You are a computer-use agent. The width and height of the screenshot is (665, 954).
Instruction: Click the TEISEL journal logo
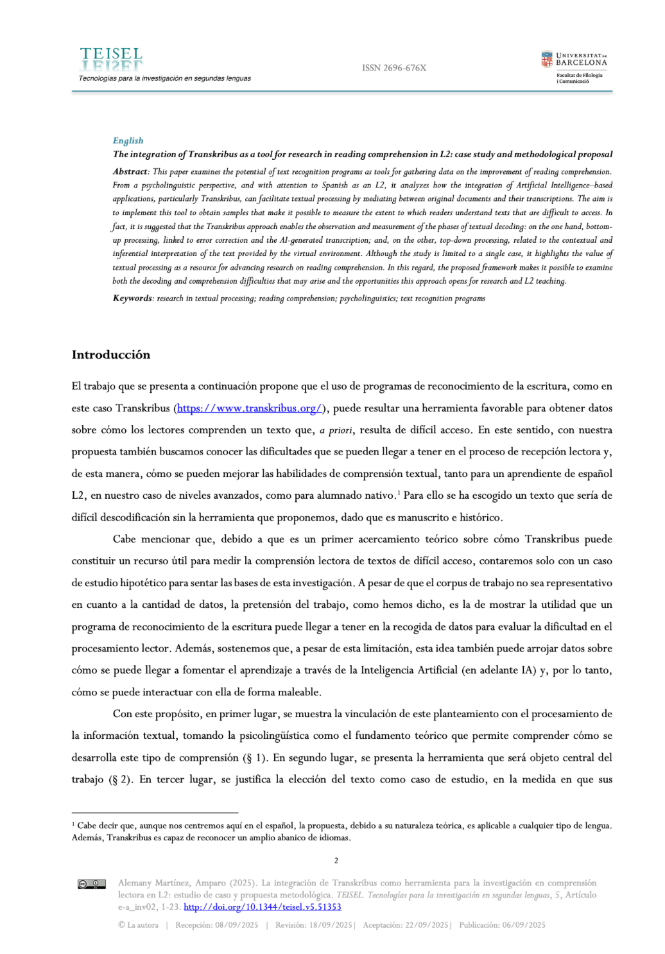click(x=112, y=59)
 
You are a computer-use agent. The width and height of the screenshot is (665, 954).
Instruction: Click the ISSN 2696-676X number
click(x=393, y=68)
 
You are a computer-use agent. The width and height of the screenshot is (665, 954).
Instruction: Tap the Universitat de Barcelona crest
click(x=546, y=60)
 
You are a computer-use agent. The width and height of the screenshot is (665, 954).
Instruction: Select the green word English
click(x=128, y=141)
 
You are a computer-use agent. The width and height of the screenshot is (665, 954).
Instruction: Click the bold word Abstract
click(x=130, y=171)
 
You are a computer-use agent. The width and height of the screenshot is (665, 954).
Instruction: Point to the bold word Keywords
click(x=132, y=299)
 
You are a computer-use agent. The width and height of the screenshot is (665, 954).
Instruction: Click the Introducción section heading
click(x=111, y=355)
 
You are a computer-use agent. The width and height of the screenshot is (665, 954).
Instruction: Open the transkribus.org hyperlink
click(x=249, y=408)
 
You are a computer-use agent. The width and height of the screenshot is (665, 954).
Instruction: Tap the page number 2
click(x=336, y=860)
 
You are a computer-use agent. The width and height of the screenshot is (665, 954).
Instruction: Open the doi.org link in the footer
click(x=262, y=907)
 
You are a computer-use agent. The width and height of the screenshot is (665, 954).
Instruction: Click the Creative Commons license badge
click(x=91, y=884)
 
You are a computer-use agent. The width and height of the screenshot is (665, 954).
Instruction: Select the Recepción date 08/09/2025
click(x=216, y=925)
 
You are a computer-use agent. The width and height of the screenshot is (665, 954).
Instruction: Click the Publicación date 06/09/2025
click(x=502, y=925)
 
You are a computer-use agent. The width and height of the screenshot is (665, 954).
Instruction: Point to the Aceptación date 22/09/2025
click(x=405, y=925)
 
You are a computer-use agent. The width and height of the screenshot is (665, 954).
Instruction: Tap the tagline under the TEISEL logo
click(x=164, y=78)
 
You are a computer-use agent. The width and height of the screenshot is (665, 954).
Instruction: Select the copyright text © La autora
click(x=138, y=925)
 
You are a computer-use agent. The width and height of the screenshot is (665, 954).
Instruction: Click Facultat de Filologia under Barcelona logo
click(x=579, y=75)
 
